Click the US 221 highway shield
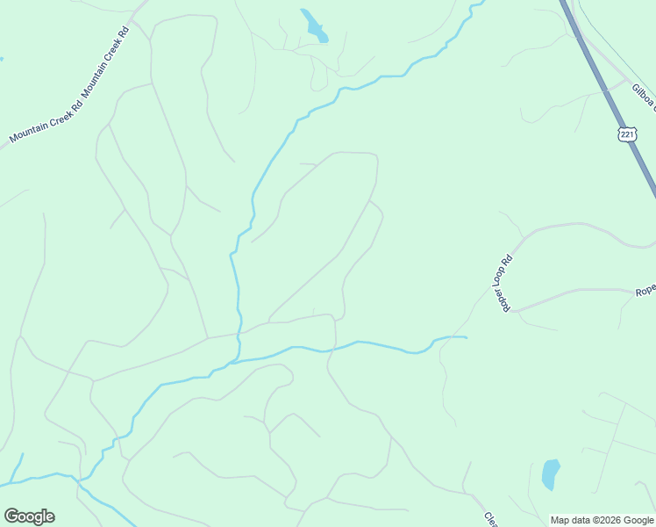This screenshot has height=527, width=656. [626, 134]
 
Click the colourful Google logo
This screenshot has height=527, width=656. [29, 516]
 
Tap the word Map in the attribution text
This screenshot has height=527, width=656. [560, 520]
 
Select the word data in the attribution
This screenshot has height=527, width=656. [581, 520]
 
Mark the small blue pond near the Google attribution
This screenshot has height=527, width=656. [551, 473]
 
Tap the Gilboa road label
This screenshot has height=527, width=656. [642, 97]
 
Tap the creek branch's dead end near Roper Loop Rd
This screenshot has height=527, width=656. [466, 336]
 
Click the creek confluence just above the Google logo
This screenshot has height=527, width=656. [80, 480]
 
